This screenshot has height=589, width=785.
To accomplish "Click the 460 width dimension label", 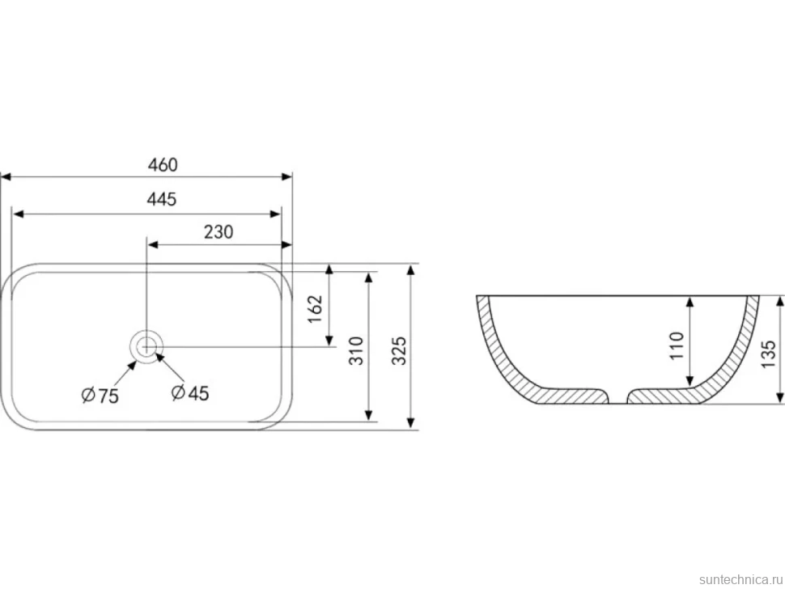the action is click(163, 164).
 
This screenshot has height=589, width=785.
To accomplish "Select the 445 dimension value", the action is click(162, 199).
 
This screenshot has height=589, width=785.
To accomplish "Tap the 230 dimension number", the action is click(219, 231).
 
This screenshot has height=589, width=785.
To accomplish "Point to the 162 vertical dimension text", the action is click(316, 309).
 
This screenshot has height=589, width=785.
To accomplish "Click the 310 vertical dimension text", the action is click(355, 350).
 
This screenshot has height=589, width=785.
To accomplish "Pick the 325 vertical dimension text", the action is click(398, 350).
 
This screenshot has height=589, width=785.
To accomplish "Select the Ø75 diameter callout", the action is click(100, 396).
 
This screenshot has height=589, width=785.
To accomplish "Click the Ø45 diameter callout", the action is click(189, 393).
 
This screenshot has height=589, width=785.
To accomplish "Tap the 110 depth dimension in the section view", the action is click(676, 345).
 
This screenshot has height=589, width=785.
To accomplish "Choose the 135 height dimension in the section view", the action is click(768, 354).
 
